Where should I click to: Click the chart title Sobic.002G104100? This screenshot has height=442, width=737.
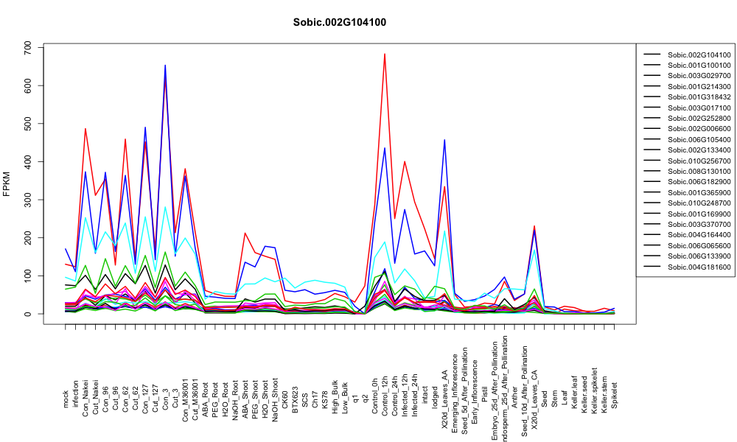pos(339,22)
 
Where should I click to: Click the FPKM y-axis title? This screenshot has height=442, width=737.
pos(7,184)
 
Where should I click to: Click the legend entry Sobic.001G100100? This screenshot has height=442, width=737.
pos(699,66)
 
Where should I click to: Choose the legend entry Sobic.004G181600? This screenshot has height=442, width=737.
pos(699,267)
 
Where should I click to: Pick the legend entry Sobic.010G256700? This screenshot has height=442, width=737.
pos(699,161)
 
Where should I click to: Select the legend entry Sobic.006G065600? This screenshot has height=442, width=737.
pos(699,245)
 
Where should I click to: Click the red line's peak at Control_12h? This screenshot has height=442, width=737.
pos(385,54)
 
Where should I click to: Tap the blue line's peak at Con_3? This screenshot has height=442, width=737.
pos(165,66)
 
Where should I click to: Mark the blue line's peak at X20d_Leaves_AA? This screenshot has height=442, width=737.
pos(444,139)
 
